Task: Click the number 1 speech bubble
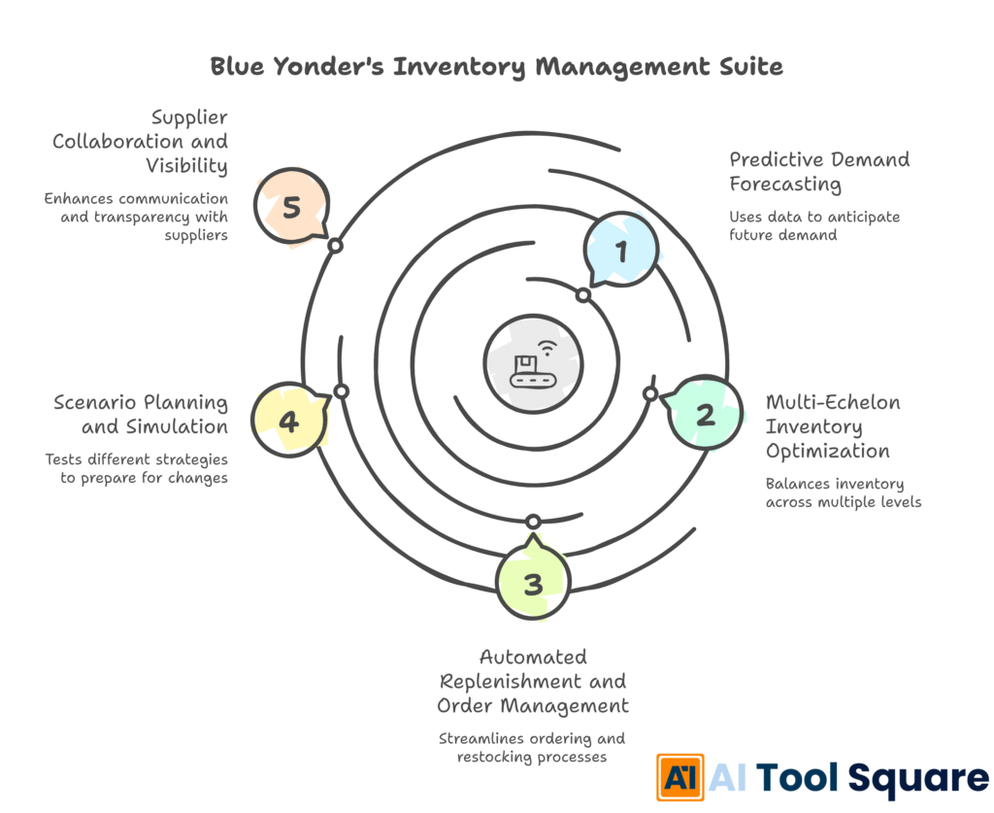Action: click(621, 251)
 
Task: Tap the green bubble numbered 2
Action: click(706, 415)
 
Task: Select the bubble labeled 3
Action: click(533, 584)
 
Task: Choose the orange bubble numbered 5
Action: click(290, 206)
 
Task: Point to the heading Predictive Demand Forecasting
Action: click(820, 172)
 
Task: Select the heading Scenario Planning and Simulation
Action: click(142, 415)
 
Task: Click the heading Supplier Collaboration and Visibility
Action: click(141, 142)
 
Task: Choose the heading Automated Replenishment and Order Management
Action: click(533, 681)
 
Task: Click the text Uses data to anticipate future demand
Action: click(814, 225)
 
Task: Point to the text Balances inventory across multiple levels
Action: click(843, 492)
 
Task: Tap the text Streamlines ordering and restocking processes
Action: click(532, 747)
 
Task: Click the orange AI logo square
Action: click(680, 777)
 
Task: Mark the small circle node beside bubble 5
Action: click(335, 246)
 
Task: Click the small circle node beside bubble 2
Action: click(651, 393)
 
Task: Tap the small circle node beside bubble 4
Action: click(341, 390)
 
